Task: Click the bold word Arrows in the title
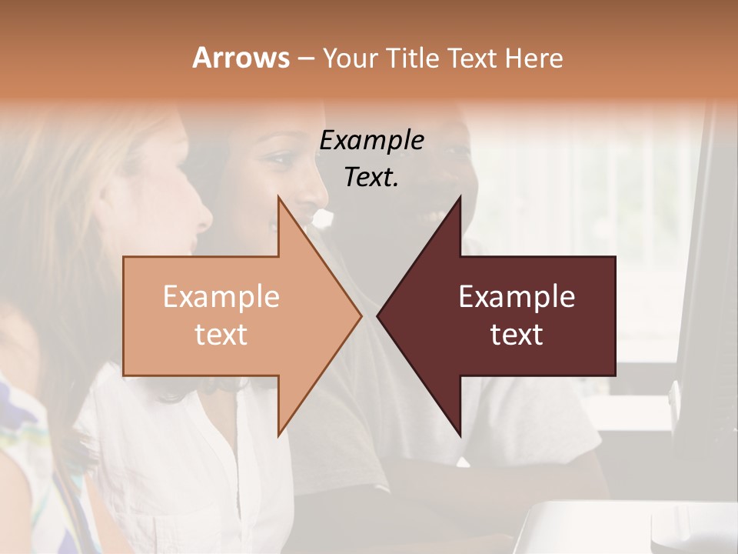tap(241, 58)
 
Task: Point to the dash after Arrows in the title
tap(305, 58)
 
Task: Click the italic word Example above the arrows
tap(371, 140)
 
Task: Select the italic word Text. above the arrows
tap(371, 177)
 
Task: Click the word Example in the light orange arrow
tap(221, 296)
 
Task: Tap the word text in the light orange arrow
tap(221, 334)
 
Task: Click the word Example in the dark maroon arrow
tap(517, 296)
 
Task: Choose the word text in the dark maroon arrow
tap(517, 334)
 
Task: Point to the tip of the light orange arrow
tap(361, 315)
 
